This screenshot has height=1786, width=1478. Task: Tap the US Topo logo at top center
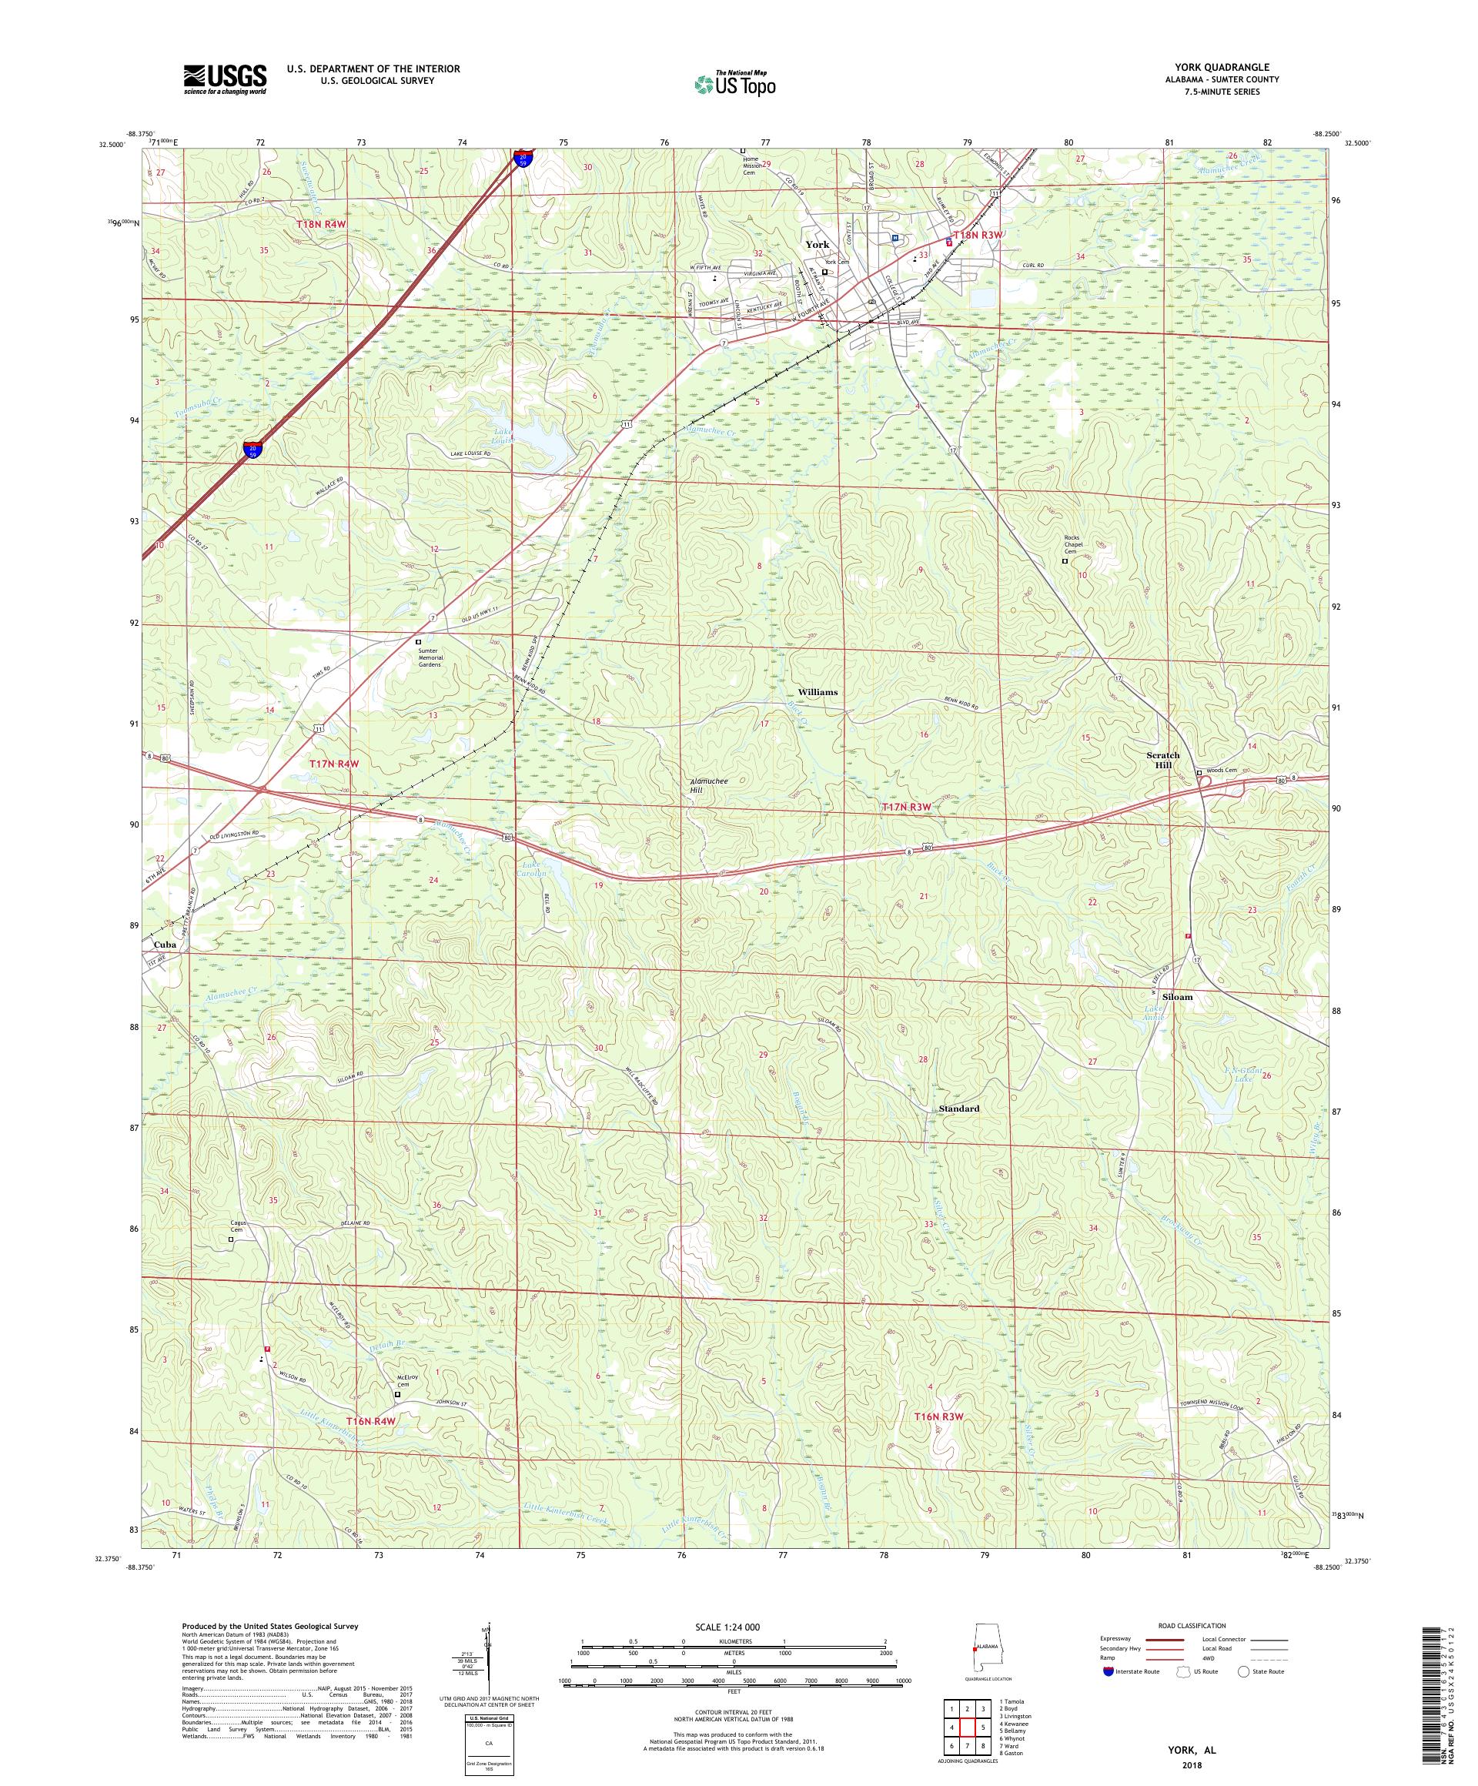[734, 82]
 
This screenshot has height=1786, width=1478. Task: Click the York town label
[817, 244]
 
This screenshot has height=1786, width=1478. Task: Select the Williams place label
[817, 691]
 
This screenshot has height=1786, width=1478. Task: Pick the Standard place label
[958, 1109]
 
